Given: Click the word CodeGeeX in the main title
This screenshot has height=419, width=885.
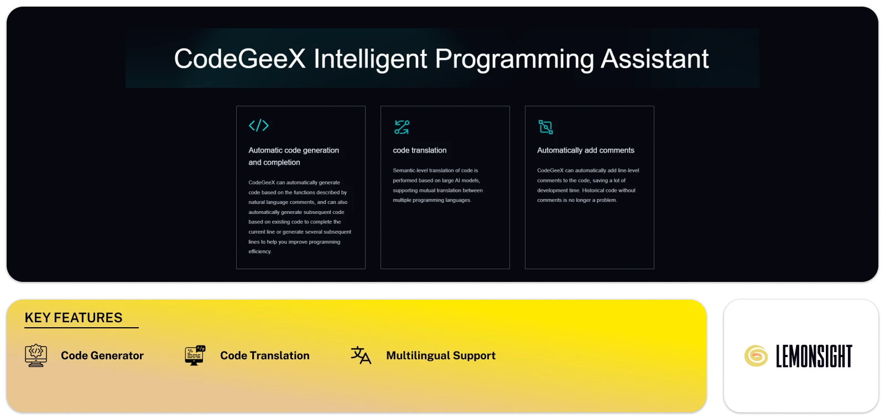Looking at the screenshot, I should point(240,59).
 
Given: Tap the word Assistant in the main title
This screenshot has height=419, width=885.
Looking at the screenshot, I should point(654,59).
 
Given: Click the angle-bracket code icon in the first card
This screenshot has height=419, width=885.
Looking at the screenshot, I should point(258,125).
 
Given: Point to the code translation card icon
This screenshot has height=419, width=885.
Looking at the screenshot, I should point(402,127).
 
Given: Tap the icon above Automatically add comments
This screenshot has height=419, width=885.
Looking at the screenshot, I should point(546,127).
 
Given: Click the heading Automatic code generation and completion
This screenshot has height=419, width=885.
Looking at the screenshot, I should point(293,156).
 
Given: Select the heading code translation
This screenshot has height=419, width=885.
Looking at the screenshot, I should point(419,150).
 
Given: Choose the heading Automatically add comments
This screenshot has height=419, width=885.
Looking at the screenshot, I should point(585,150).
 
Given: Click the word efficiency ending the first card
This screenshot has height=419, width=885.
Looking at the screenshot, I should point(260,252).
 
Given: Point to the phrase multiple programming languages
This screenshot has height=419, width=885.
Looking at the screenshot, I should point(432,200).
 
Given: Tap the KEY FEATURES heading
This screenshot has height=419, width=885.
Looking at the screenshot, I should point(74,318).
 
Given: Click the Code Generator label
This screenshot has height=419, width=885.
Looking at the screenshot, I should point(102,355).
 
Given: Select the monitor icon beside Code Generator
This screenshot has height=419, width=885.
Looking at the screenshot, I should point(36,355).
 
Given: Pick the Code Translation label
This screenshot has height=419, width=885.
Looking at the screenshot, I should point(264,355).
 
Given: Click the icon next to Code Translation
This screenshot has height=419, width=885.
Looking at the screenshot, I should point(195,355).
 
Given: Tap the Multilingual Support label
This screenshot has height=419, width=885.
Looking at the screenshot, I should point(440,355).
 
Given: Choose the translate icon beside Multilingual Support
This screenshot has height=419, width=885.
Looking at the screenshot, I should point(361,355).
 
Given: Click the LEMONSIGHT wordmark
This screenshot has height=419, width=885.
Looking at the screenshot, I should point(814,356).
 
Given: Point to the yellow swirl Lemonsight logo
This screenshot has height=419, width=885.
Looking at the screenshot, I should point(756,356).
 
